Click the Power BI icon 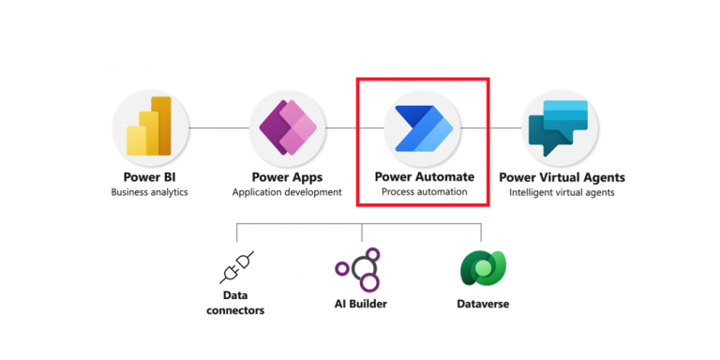(151, 128)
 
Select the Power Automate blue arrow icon (424, 128)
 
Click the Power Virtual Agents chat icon (560, 128)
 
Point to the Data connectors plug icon (236, 267)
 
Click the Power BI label (150, 177)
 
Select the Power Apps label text (287, 177)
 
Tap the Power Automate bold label (424, 176)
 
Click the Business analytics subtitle (150, 193)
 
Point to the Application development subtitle (287, 193)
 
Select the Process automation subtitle (424, 192)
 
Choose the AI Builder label (361, 304)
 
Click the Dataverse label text (483, 304)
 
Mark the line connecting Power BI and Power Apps (218, 127)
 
